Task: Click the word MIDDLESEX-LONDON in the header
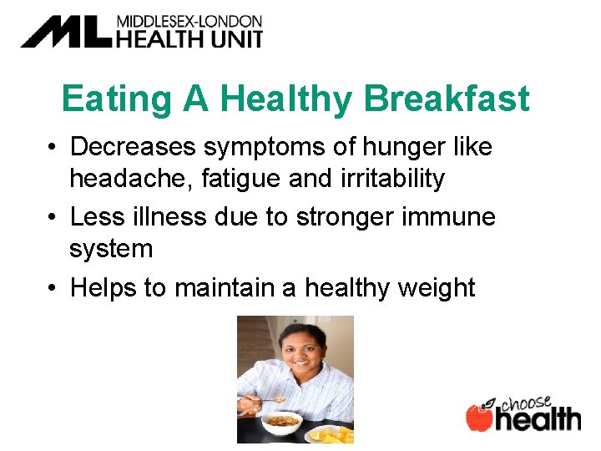[x=189, y=21]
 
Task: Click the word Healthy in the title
[x=286, y=99]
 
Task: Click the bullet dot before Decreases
[x=52, y=148]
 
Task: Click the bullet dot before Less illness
[x=52, y=218]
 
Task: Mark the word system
[x=111, y=248]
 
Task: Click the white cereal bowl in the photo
[x=281, y=425]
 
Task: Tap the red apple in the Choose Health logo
[x=479, y=418]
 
